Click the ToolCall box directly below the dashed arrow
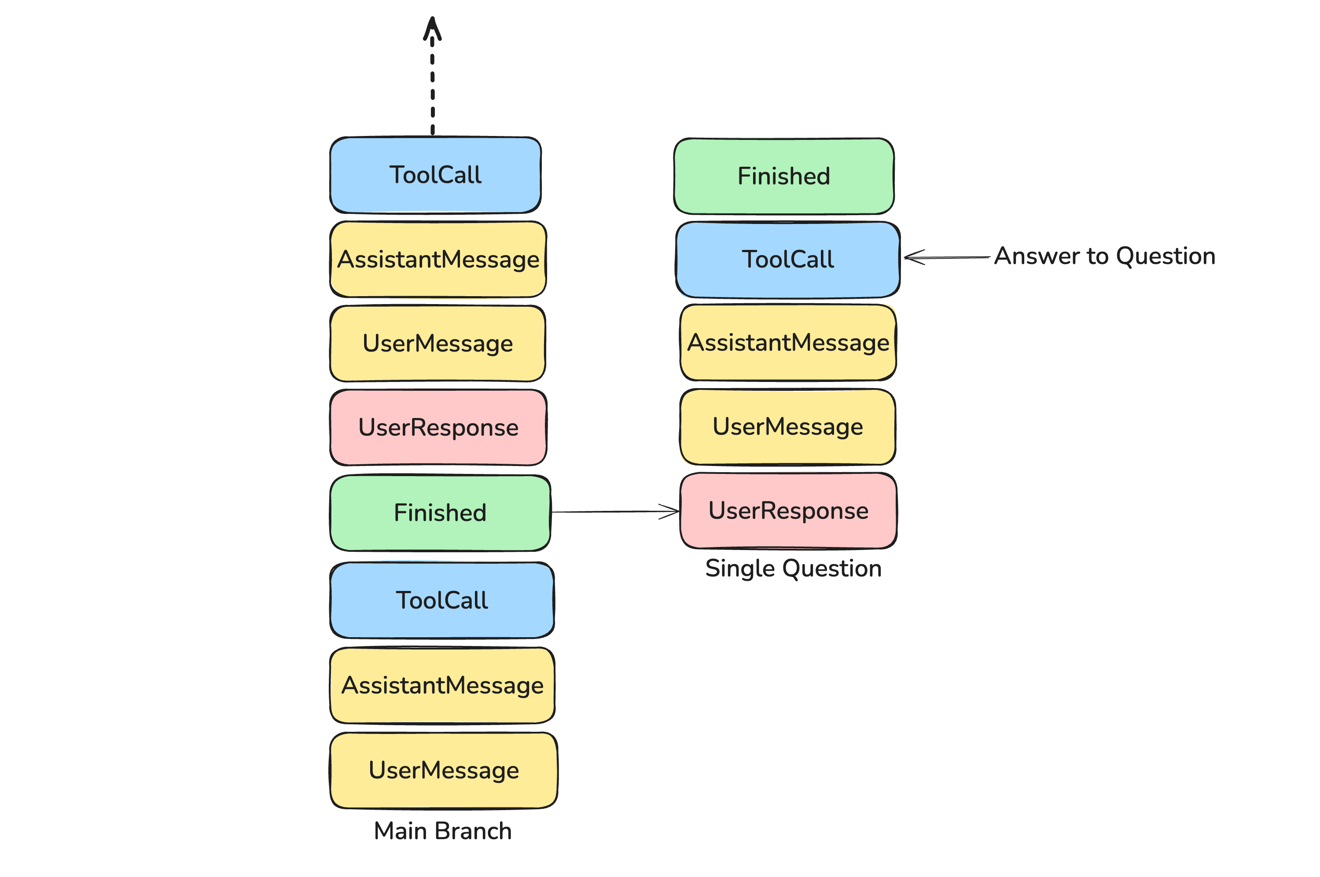point(436,175)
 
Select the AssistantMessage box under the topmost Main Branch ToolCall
point(438,260)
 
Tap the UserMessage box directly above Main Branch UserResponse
point(438,343)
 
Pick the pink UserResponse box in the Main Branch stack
point(438,427)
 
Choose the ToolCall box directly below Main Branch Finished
point(442,600)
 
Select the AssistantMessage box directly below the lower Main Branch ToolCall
point(442,685)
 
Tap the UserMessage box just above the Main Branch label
point(444,770)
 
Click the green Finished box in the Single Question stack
point(783,176)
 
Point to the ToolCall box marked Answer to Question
point(787,260)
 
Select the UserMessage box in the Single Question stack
point(787,427)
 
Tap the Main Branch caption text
point(442,831)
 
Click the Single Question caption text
point(793,568)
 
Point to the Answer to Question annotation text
point(1105,256)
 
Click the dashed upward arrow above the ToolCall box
point(432,78)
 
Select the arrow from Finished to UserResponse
point(615,511)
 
